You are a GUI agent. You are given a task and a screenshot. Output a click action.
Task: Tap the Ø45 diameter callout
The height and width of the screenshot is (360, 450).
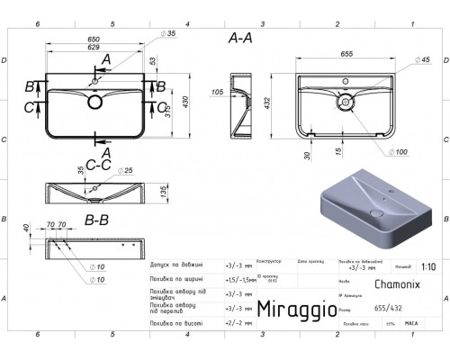pos(399,61)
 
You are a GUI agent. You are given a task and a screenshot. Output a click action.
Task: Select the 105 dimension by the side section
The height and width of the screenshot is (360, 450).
pos(216,93)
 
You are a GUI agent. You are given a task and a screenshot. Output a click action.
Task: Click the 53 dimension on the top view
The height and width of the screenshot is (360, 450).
pos(153,61)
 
